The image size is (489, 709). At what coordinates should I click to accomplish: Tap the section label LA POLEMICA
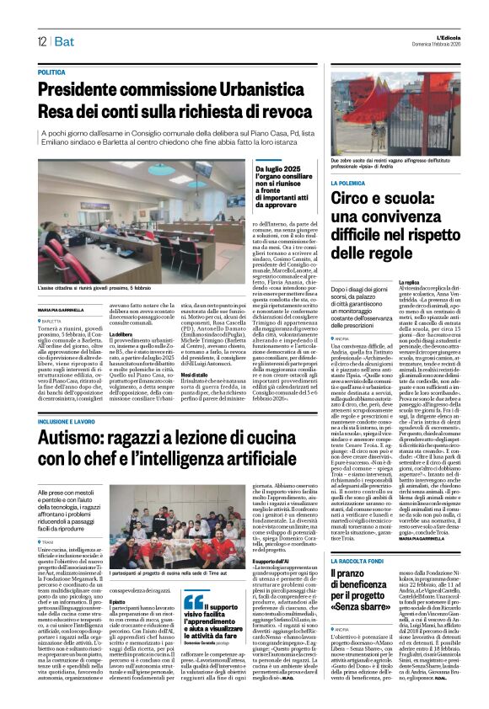(330, 182)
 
